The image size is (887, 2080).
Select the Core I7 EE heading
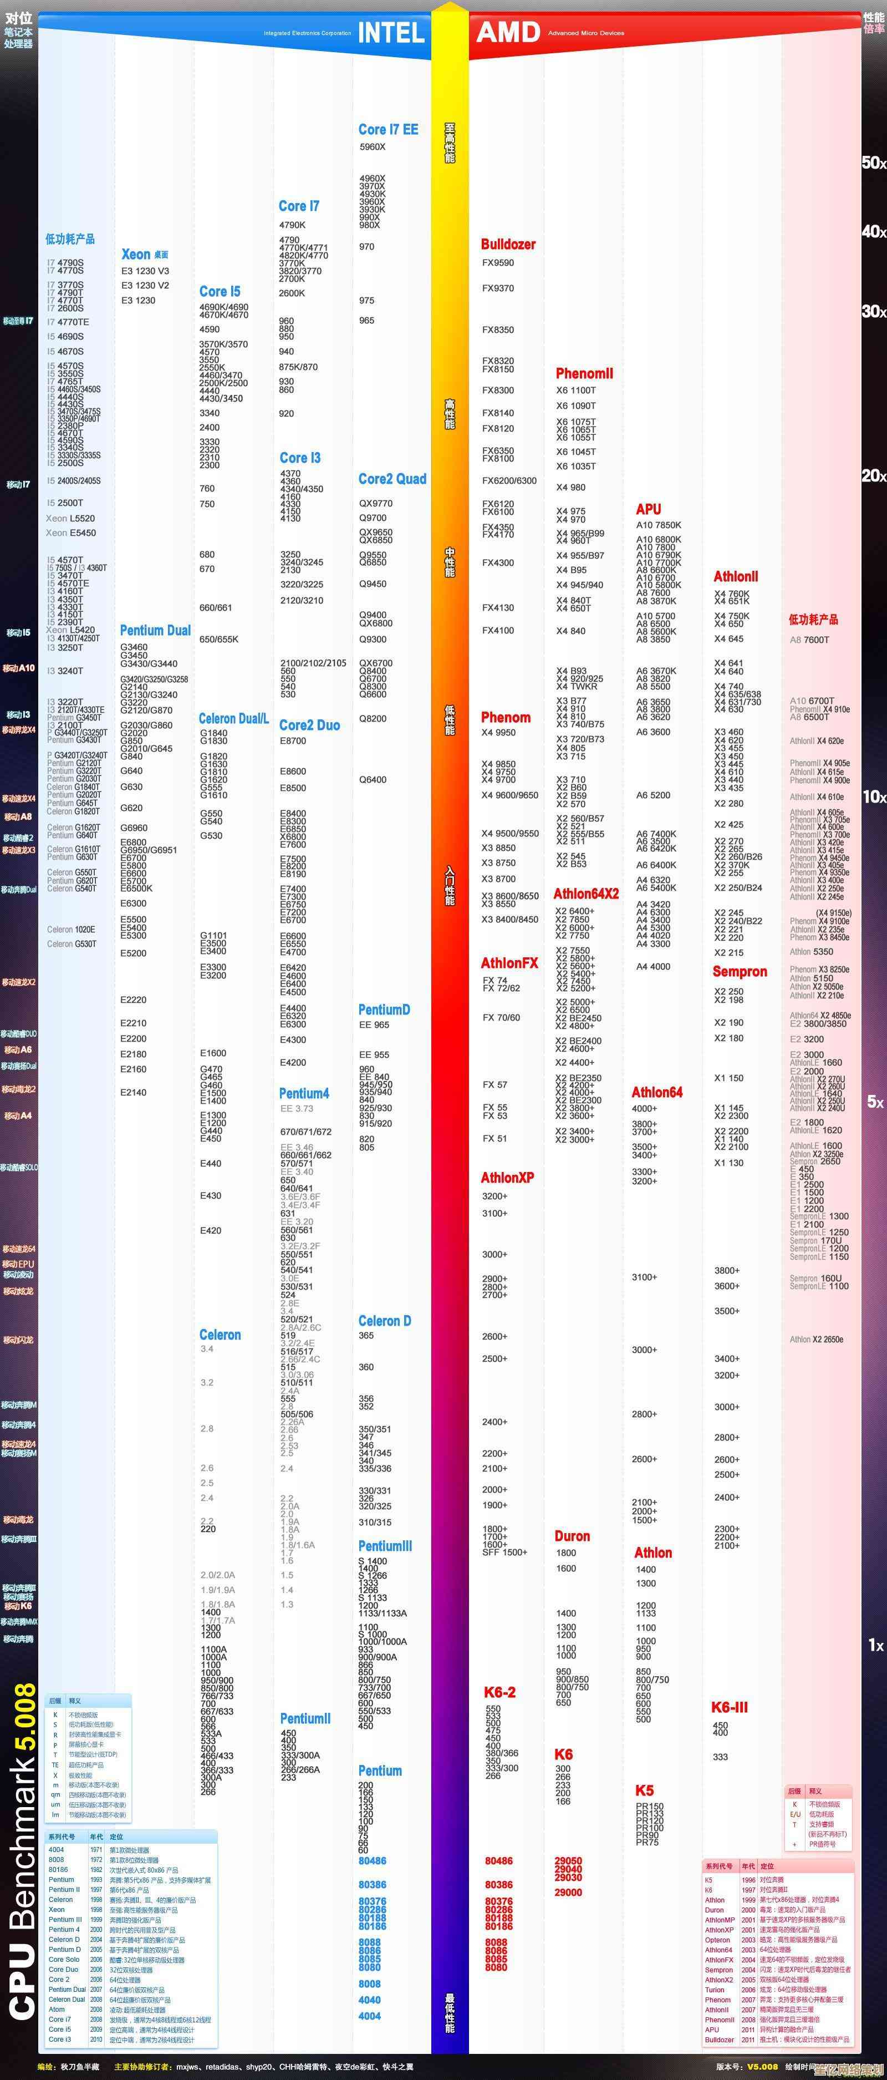[388, 129]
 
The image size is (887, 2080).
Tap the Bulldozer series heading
[508, 244]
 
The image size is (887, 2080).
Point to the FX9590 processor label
[498, 262]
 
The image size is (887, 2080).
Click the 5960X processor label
[373, 147]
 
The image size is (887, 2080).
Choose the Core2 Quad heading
[392, 479]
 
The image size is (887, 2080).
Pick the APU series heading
[648, 509]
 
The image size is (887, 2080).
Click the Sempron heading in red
[740, 971]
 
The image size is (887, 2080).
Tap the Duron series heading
[572, 1536]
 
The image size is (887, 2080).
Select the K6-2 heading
[499, 1692]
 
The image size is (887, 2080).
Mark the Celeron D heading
[384, 1321]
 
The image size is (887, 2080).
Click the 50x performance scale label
[873, 163]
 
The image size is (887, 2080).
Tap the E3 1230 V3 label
[145, 271]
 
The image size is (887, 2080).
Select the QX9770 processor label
[375, 503]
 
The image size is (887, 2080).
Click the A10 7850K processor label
[659, 525]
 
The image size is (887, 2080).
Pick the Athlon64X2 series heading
[586, 894]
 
